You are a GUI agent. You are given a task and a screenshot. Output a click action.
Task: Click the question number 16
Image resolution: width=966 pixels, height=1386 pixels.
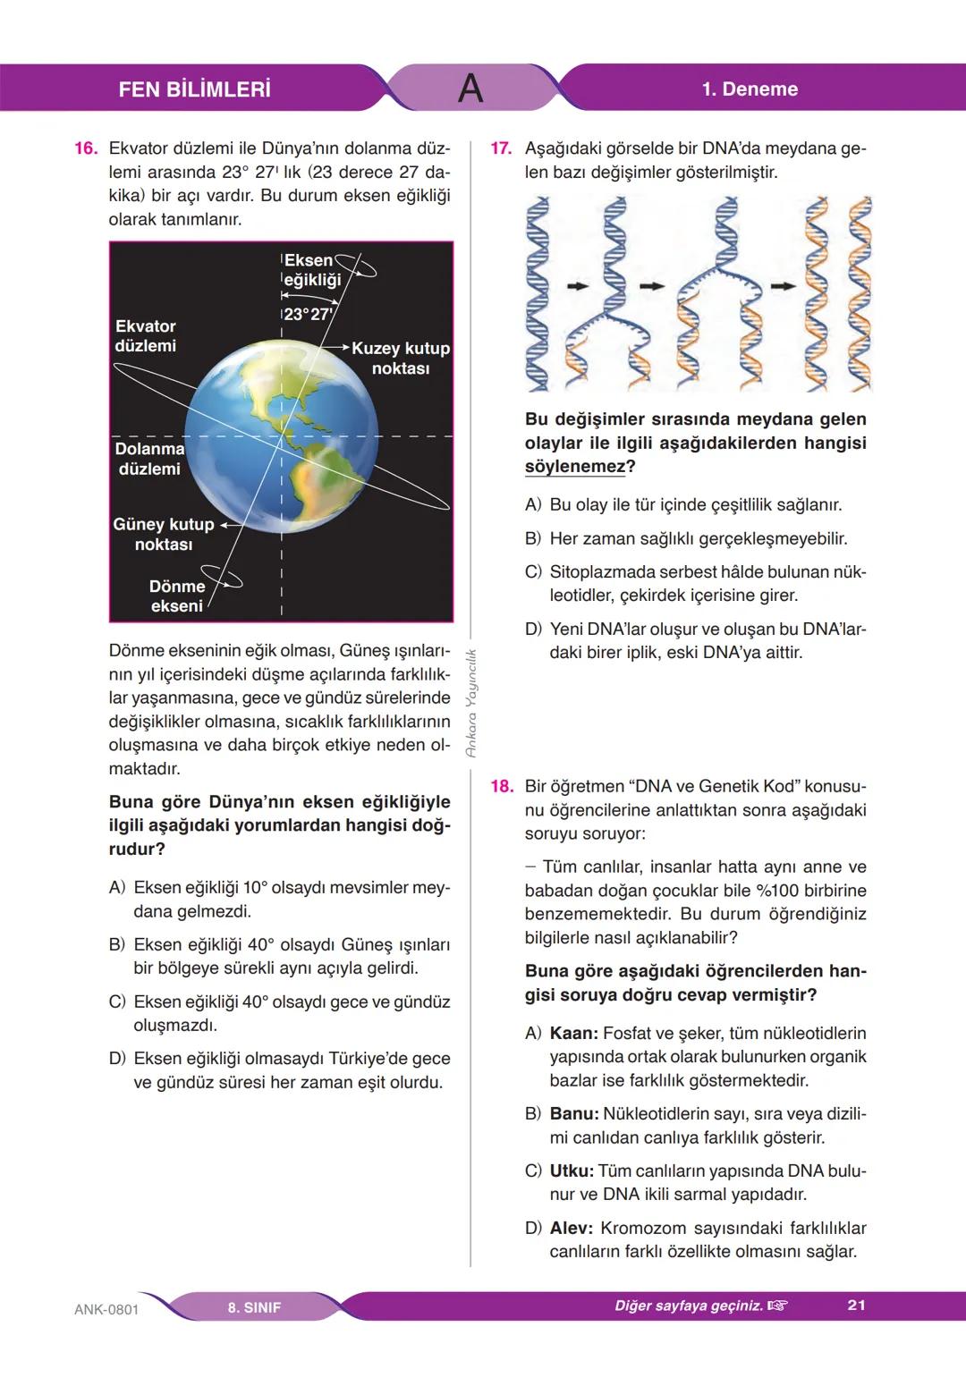tap(85, 148)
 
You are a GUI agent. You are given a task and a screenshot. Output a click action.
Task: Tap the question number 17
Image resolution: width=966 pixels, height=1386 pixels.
tap(501, 148)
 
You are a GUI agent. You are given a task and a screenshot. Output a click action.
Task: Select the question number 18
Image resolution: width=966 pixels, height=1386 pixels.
tap(501, 787)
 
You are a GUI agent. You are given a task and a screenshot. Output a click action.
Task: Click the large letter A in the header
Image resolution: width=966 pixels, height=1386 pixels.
tap(470, 89)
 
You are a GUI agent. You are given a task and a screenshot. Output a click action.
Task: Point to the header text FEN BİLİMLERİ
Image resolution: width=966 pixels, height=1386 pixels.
tap(194, 89)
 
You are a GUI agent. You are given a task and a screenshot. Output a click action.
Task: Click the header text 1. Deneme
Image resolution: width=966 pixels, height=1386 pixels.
tap(750, 89)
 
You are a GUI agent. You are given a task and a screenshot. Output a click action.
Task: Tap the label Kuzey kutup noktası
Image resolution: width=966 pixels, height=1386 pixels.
tap(400, 358)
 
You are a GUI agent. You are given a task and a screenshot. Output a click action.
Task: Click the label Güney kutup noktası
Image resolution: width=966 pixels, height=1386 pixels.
tap(164, 534)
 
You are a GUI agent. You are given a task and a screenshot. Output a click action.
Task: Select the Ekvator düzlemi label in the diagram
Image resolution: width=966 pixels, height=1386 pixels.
tap(145, 336)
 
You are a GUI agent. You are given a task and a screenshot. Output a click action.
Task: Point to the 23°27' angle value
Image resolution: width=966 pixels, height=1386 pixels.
tap(308, 315)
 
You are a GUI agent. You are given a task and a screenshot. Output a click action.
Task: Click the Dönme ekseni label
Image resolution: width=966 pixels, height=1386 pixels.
tap(177, 596)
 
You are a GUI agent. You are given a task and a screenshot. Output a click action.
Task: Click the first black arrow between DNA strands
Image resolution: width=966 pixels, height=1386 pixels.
tap(579, 286)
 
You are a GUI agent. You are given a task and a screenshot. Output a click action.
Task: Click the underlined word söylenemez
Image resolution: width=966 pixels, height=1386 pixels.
tap(574, 467)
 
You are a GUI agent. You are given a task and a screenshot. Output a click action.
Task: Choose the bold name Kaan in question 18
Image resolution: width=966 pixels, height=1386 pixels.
tap(573, 1034)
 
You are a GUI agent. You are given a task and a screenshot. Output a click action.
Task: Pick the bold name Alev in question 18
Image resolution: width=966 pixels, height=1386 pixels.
tap(571, 1229)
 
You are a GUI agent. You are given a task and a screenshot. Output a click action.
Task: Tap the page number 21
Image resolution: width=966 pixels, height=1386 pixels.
tap(856, 1306)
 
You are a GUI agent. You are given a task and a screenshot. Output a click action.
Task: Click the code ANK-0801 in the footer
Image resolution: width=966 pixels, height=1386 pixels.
tap(106, 1309)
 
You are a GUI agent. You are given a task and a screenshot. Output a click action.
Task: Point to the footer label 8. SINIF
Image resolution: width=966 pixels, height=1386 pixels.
tap(254, 1307)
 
